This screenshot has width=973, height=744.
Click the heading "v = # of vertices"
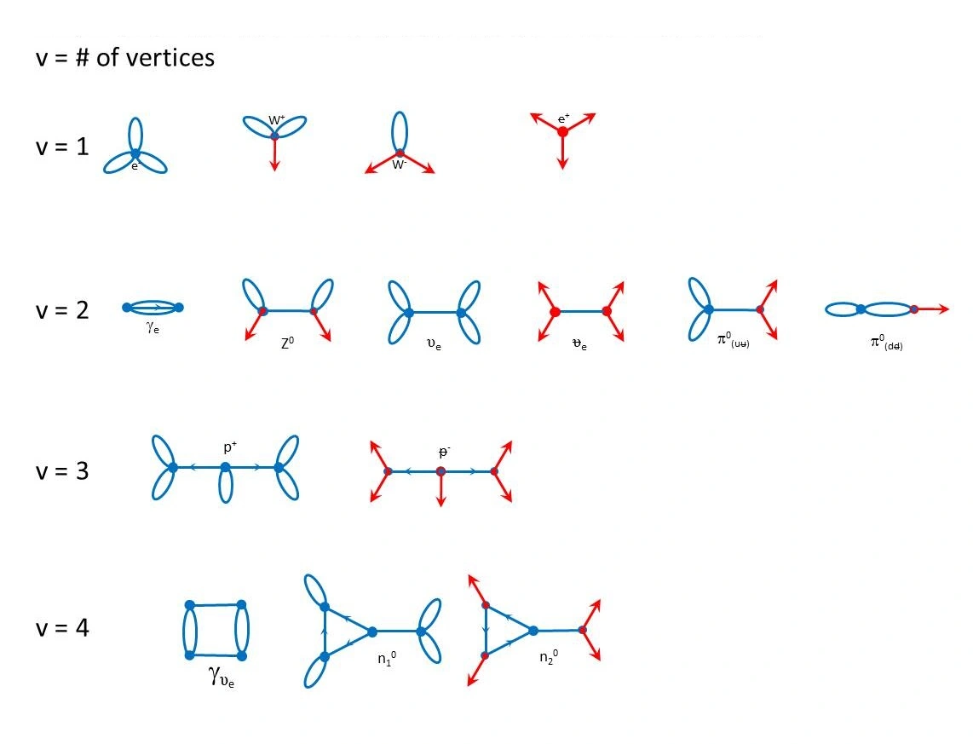[124, 59]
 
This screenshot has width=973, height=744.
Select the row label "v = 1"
[61, 147]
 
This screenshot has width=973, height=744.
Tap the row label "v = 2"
[61, 309]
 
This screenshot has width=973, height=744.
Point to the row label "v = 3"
[61, 470]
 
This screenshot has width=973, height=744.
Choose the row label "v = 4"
[61, 628]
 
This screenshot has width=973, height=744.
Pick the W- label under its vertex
[399, 165]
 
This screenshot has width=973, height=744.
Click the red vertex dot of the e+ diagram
[562, 132]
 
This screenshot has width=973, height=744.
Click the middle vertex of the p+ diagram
[225, 467]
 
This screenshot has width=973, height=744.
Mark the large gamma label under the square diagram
[220, 678]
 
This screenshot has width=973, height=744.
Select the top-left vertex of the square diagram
[189, 605]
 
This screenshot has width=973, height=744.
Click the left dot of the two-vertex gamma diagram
[126, 307]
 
